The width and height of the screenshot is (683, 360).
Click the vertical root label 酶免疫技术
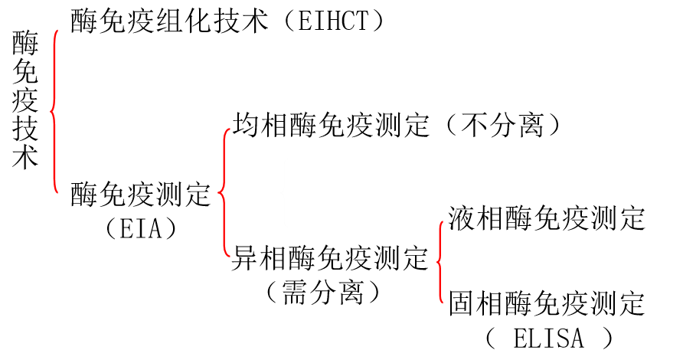pyautogui.click(x=25, y=100)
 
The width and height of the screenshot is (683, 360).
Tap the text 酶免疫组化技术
pyautogui.click(x=169, y=21)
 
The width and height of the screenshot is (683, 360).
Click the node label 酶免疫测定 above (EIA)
pyautogui.click(x=140, y=195)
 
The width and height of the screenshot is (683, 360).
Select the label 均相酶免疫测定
pyautogui.click(x=331, y=125)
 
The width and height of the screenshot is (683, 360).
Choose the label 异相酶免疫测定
pyautogui.click(x=331, y=258)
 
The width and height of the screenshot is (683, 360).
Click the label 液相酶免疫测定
pyautogui.click(x=547, y=218)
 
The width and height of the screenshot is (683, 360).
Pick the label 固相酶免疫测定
pyautogui.click(x=547, y=303)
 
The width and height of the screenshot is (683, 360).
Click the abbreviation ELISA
pyautogui.click(x=548, y=337)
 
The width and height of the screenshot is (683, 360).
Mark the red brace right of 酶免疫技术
pyautogui.click(x=54, y=111)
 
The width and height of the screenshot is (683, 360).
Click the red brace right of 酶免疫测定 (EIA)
pyautogui.click(x=224, y=191)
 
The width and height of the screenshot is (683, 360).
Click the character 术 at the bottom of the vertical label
pyautogui.click(x=25, y=158)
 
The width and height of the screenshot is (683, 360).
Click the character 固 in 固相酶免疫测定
pyautogui.click(x=462, y=303)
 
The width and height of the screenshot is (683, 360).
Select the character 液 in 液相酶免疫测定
pyautogui.click(x=462, y=218)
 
